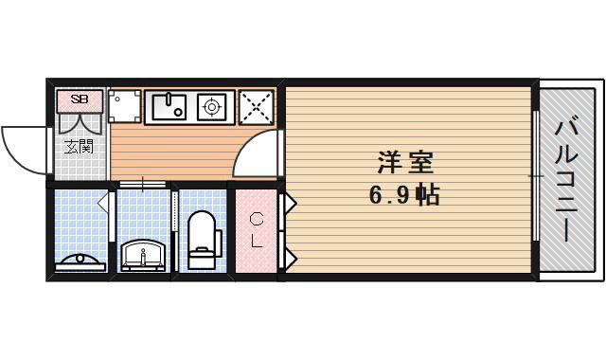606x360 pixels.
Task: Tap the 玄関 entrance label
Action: (x=79, y=146)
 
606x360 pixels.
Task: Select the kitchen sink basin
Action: (x=169, y=106)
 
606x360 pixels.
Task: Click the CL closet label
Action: (x=256, y=230)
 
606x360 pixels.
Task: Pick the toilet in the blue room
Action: (x=202, y=239)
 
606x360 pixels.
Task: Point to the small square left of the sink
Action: (x=125, y=106)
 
